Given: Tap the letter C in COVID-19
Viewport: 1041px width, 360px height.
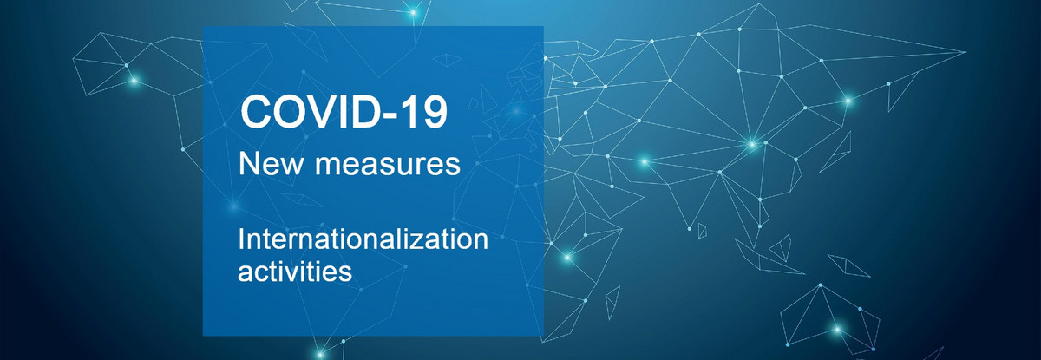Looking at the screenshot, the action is pyautogui.click(x=256, y=112).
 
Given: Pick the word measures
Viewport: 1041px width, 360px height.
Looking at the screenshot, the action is pyautogui.click(x=388, y=166).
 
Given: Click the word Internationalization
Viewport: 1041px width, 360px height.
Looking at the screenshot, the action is pyautogui.click(x=363, y=239).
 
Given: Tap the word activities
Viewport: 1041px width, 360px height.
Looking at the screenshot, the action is pyautogui.click(x=295, y=272).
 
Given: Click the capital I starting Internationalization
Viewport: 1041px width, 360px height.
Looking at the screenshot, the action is pyautogui.click(x=241, y=239).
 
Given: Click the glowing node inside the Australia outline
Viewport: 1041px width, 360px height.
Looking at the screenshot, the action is pyautogui.click(x=837, y=330).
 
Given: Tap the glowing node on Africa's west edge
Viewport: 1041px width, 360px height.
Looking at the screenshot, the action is pyautogui.click(x=567, y=257).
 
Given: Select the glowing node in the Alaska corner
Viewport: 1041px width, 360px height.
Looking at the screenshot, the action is pyautogui.click(x=134, y=81).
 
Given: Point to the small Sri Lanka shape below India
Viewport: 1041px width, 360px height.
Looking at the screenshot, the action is pyautogui.click(x=702, y=231).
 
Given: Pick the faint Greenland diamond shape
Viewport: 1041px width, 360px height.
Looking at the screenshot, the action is pyautogui.click(x=447, y=60).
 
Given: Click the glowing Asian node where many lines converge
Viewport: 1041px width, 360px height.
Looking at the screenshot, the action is pyautogui.click(x=752, y=145).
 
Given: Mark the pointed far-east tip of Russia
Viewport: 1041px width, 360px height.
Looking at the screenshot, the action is pyautogui.click(x=965, y=53).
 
